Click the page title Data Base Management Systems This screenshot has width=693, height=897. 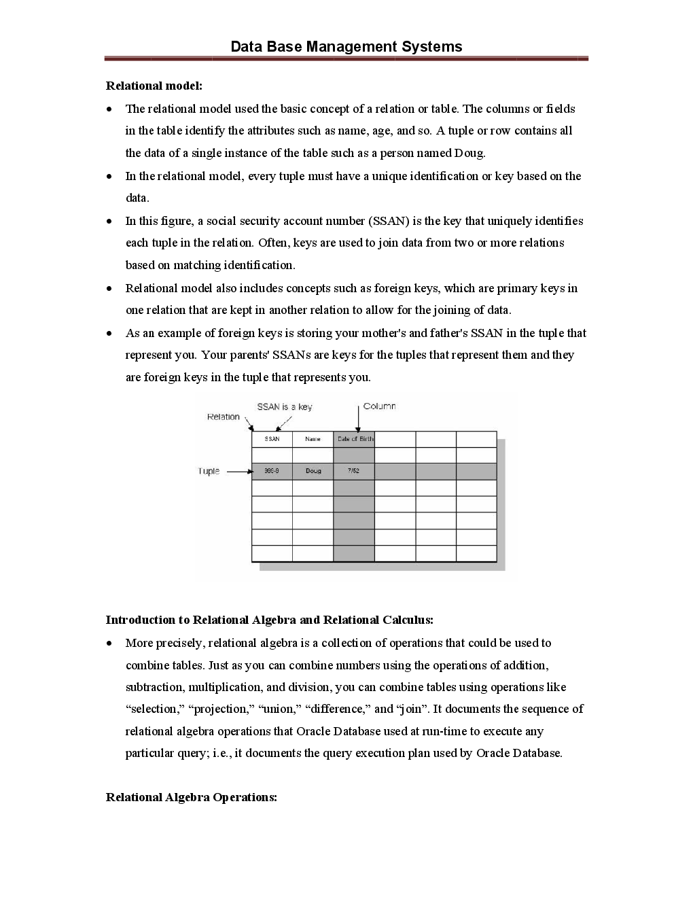click(346, 47)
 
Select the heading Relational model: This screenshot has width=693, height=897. click(154, 86)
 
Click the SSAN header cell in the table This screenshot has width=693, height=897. click(272, 439)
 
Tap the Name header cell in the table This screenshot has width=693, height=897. click(313, 439)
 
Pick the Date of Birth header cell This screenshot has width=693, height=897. click(354, 439)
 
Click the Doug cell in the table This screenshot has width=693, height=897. click(313, 471)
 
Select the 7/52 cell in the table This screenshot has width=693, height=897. click(353, 471)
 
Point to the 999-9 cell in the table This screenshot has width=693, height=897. click(272, 471)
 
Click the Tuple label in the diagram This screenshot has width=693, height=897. click(209, 471)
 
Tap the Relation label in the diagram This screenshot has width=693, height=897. click(223, 417)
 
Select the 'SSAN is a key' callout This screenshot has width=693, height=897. click(284, 406)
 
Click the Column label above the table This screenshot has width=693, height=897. click(379, 406)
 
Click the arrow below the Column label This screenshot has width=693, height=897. click(358, 418)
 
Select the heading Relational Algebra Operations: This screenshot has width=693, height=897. click(191, 797)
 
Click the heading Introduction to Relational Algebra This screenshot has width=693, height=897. click(269, 620)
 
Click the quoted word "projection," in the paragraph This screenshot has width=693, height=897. click(221, 709)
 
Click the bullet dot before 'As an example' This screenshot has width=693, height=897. click(110, 334)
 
